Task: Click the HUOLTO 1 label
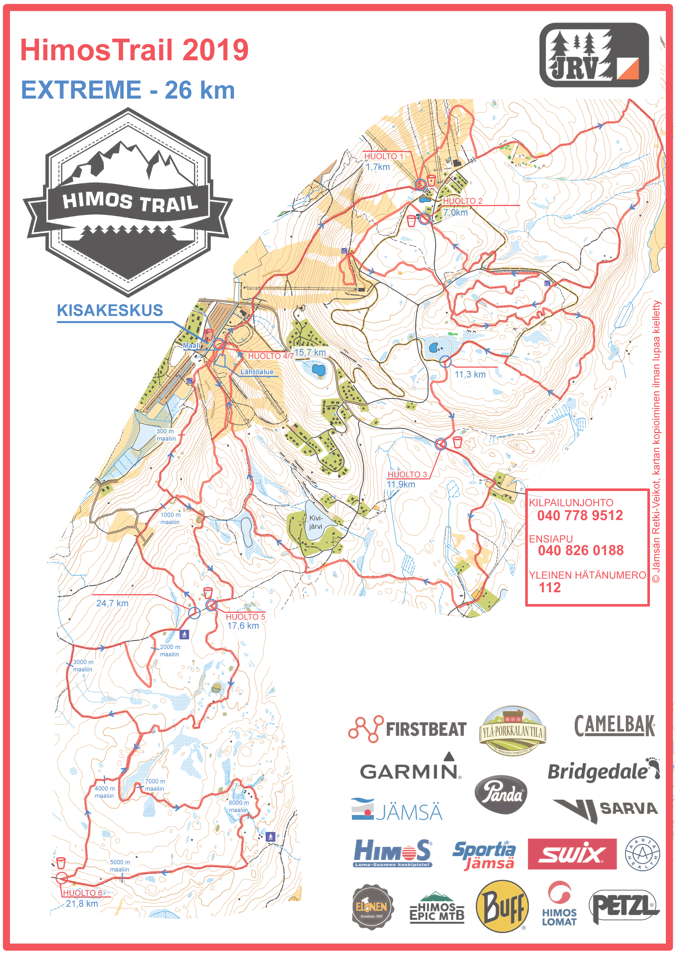(x=383, y=156)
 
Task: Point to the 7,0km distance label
(x=455, y=213)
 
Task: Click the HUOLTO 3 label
(x=407, y=474)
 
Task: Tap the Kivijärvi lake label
(x=316, y=522)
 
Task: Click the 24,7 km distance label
(x=112, y=603)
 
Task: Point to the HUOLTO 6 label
(x=83, y=893)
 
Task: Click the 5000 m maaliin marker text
(x=120, y=866)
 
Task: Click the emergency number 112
(x=549, y=588)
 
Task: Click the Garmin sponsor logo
(x=410, y=771)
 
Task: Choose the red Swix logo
(x=572, y=854)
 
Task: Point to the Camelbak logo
(x=614, y=725)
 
